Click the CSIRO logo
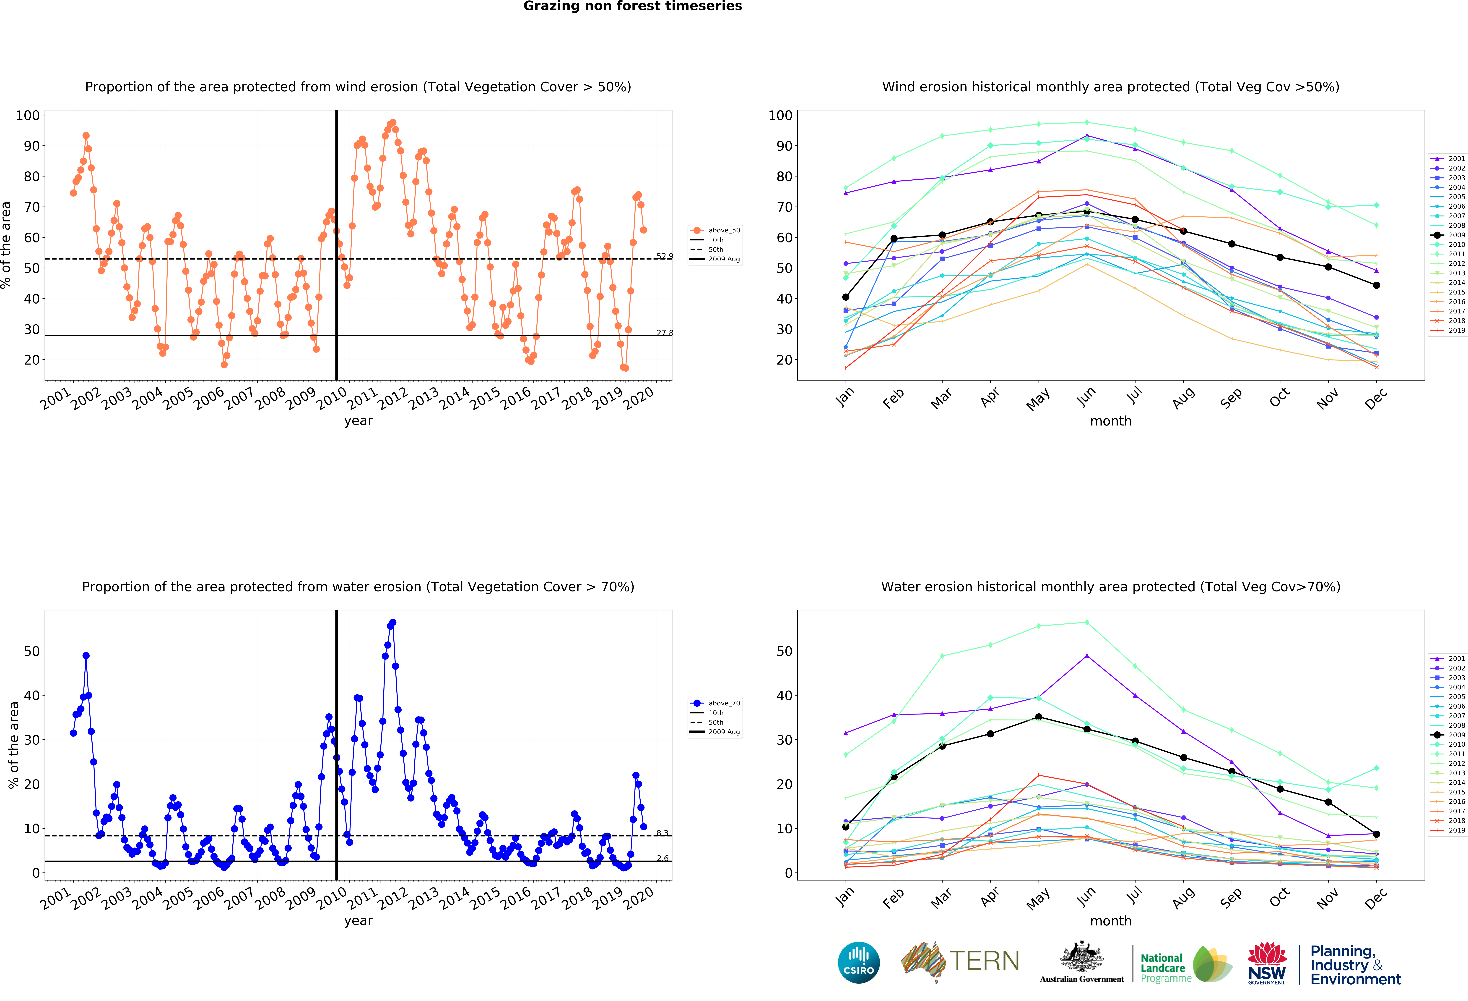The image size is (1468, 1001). pyautogui.click(x=858, y=962)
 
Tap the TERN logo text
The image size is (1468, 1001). pyautogui.click(x=984, y=961)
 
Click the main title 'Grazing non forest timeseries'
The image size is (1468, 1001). pyautogui.click(x=632, y=6)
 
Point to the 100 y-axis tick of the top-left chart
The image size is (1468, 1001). pyautogui.click(x=28, y=115)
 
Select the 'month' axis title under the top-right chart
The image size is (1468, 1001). pyautogui.click(x=1110, y=421)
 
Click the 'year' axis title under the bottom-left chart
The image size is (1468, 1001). pyautogui.click(x=358, y=921)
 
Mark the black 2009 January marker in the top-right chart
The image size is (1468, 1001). pyautogui.click(x=846, y=297)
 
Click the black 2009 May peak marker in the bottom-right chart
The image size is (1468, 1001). pyautogui.click(x=1038, y=717)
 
